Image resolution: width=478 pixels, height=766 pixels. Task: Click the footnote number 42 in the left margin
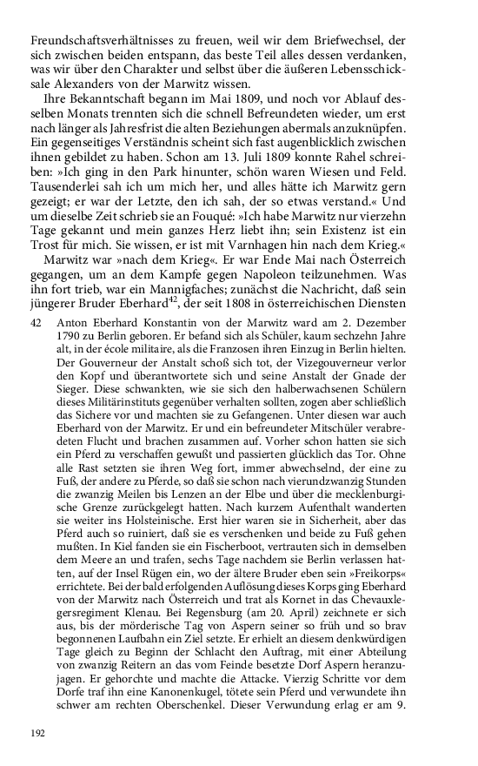pos(37,297)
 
